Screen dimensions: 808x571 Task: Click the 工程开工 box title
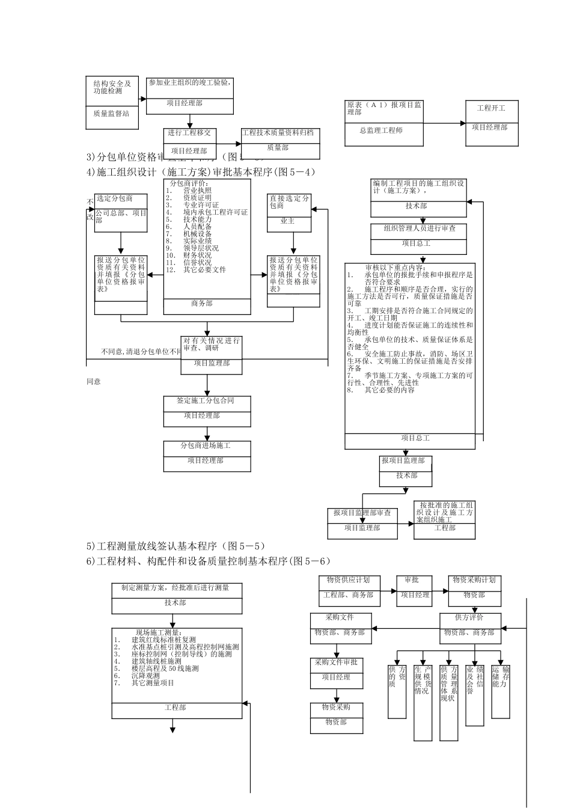tap(490, 108)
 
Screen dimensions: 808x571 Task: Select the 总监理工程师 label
tap(381, 130)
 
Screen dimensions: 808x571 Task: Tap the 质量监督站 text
tap(111, 113)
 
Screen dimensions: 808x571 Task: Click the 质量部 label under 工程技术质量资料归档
tap(278, 147)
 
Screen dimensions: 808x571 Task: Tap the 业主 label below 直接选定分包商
tap(288, 221)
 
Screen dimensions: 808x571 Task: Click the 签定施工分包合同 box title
tap(206, 400)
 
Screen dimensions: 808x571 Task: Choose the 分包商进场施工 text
tap(206, 446)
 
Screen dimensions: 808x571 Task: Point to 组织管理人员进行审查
tap(420, 228)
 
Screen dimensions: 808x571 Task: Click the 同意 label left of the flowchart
tap(93, 381)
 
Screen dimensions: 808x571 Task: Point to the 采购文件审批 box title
tap(336, 662)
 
